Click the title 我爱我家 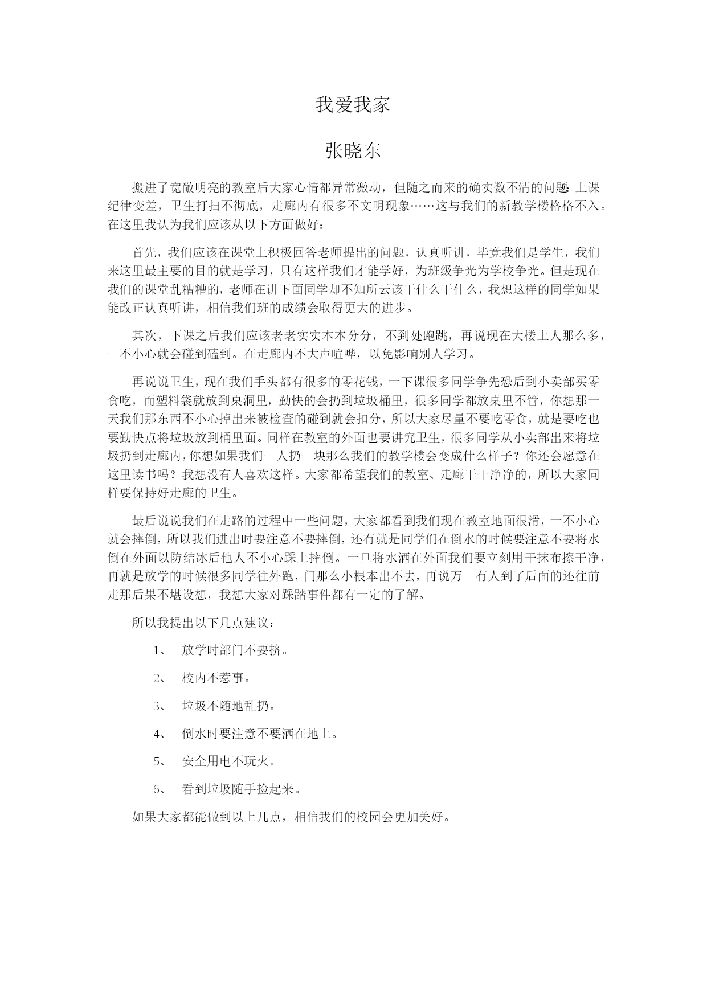click(x=353, y=105)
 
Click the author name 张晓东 click(x=353, y=151)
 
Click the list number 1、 click(x=160, y=650)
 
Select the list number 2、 click(x=160, y=678)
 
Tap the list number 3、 click(x=160, y=706)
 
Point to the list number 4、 click(x=160, y=734)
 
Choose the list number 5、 click(x=160, y=761)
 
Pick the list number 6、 click(x=160, y=789)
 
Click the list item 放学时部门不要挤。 click(x=235, y=650)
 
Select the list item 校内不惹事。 click(x=216, y=678)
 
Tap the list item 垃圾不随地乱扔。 click(x=228, y=706)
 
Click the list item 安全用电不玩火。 click(x=228, y=761)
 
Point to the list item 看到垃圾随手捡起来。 click(x=241, y=789)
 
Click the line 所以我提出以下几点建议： click(x=206, y=623)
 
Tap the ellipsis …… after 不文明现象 click(x=422, y=206)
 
